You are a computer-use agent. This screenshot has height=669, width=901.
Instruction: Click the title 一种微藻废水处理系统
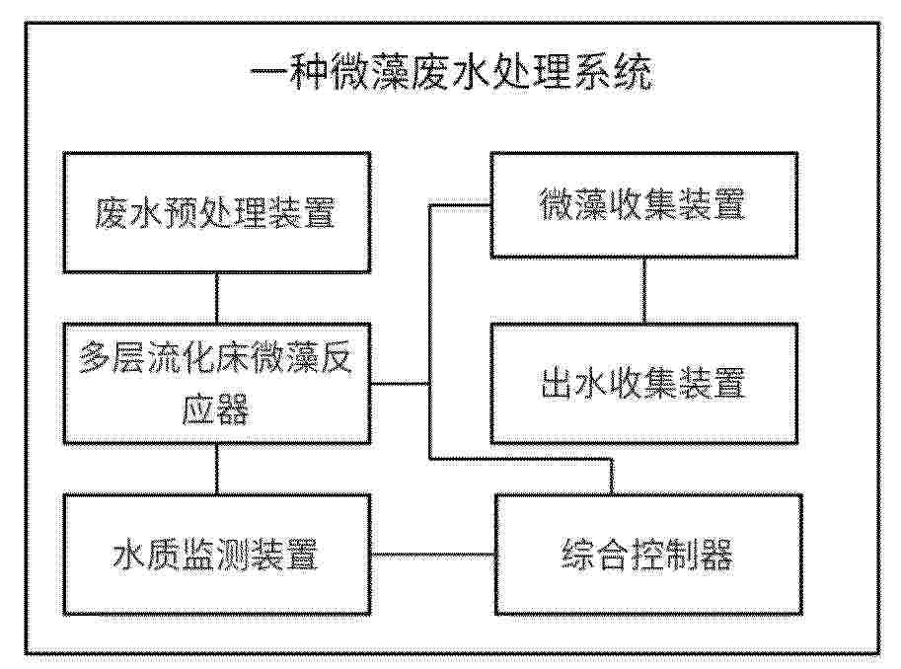click(x=452, y=73)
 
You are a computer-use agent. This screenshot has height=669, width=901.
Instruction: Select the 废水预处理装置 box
click(x=217, y=212)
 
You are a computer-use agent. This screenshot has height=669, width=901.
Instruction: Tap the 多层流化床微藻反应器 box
click(x=217, y=383)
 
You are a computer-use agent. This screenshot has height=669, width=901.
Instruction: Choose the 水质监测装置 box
click(x=217, y=555)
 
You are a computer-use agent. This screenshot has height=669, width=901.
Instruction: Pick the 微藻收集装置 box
click(x=644, y=204)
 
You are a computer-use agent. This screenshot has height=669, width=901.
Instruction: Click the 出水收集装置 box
click(x=644, y=383)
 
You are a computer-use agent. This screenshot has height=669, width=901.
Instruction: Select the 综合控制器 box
click(x=648, y=555)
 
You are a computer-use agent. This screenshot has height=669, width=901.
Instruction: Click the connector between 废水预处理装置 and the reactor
click(x=217, y=298)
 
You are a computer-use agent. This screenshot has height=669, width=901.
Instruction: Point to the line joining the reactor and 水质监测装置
click(x=217, y=469)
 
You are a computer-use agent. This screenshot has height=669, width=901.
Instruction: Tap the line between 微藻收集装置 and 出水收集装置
click(x=643, y=290)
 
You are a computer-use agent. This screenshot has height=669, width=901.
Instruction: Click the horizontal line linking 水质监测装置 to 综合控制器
click(x=432, y=555)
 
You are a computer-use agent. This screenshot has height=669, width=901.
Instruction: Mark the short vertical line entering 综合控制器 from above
click(x=612, y=477)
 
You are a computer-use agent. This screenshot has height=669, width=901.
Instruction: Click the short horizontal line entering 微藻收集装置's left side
click(x=460, y=205)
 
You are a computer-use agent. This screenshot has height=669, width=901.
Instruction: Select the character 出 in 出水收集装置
click(x=558, y=383)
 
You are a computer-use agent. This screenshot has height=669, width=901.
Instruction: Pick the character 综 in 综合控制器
click(x=578, y=555)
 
